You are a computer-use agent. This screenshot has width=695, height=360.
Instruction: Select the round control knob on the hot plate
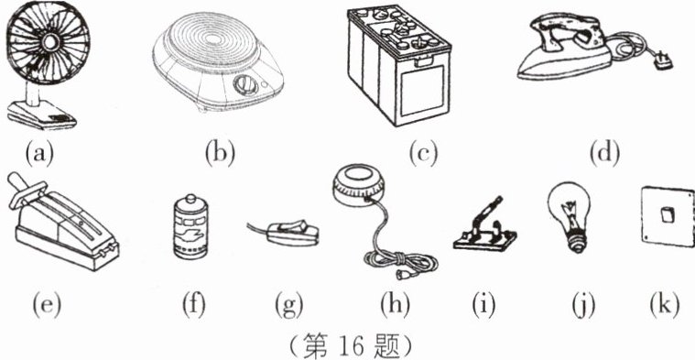pos(244,85)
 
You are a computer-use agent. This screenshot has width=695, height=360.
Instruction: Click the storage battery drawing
pos(399,65)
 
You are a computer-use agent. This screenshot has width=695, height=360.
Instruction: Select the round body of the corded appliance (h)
pos(359,187)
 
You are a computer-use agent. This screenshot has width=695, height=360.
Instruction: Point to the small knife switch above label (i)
pos(485,226)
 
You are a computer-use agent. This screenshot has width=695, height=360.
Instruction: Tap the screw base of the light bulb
pos(578,243)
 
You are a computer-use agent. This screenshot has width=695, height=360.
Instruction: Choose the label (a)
pos(39,154)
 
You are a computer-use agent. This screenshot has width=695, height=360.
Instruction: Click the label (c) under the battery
pos(423,154)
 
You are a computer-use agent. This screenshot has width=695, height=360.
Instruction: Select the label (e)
pos(47,305)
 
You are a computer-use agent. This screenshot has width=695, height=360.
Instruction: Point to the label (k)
pos(665,305)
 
